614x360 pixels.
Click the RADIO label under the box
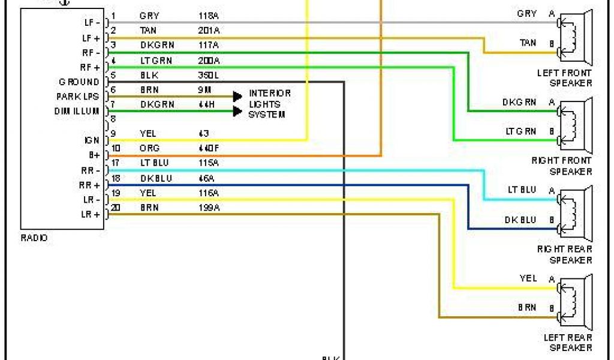click(34, 238)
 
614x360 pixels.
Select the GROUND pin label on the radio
click(79, 82)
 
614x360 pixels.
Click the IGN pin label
click(92, 140)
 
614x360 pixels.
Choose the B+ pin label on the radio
click(94, 155)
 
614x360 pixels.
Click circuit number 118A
click(209, 16)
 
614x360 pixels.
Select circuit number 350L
click(208, 74)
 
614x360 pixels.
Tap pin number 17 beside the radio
click(115, 163)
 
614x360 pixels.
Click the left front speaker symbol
click(576, 38)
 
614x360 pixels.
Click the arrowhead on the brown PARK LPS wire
click(237, 96)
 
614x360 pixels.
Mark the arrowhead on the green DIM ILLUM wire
click(237, 110)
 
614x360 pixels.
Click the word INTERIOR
click(270, 94)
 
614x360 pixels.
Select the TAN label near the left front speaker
click(528, 43)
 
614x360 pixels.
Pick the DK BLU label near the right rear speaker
click(520, 220)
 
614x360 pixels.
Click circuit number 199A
click(209, 208)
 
